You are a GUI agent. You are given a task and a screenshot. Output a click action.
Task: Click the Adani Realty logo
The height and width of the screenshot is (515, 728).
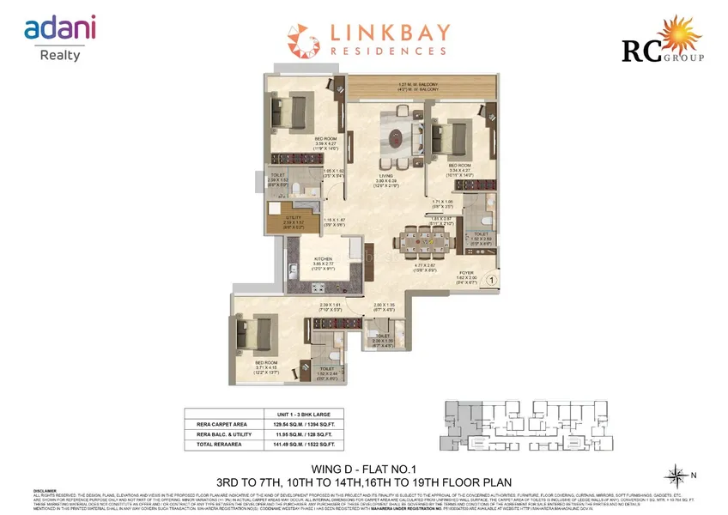(x=59, y=39)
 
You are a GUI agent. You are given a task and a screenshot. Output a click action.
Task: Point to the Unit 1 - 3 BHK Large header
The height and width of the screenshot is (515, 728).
(x=302, y=412)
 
